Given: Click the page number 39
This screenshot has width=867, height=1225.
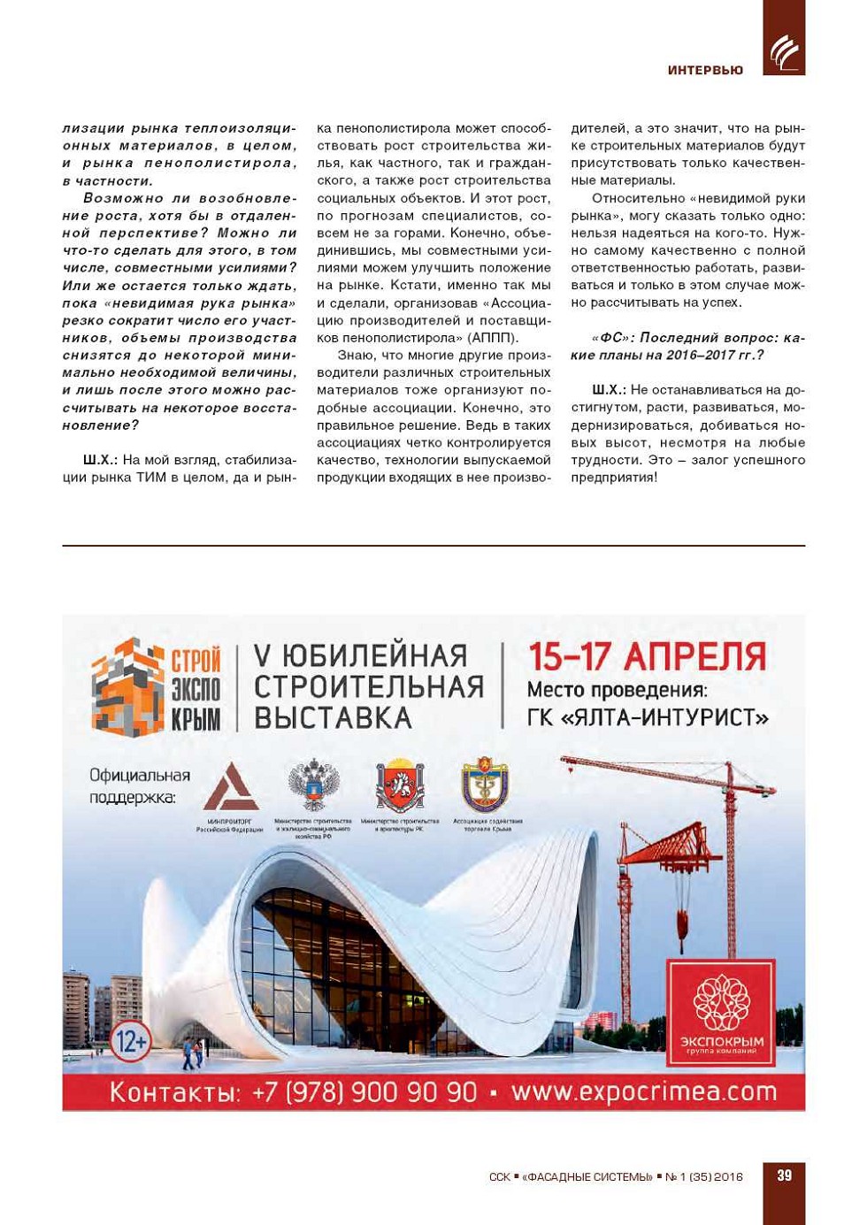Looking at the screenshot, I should (784, 1175).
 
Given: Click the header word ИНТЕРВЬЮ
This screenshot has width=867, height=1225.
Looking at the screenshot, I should (705, 70).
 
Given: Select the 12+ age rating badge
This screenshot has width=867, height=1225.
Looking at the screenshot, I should (131, 1041).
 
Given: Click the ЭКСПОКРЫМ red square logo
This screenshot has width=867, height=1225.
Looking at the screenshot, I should (721, 1014).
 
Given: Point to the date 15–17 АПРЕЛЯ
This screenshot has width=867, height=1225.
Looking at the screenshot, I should (647, 657).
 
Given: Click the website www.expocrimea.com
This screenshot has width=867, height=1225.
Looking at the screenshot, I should (644, 1092).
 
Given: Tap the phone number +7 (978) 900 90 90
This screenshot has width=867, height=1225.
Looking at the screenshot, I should (364, 1092).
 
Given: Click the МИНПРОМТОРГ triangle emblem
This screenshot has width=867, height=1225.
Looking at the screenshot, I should (230, 787).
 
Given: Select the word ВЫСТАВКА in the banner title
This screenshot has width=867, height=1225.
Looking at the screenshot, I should (333, 718).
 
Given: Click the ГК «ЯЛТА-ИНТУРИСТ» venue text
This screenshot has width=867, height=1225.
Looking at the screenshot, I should (648, 717).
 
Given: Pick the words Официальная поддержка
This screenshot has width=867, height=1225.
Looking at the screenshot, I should (139, 786).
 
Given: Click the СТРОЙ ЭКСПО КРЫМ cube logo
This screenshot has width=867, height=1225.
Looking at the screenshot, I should (129, 686).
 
